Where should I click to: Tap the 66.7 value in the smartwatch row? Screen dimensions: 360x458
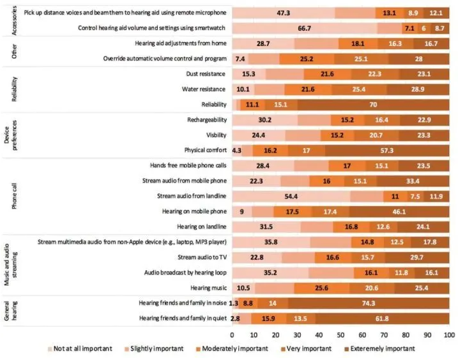click(x=304, y=28)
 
